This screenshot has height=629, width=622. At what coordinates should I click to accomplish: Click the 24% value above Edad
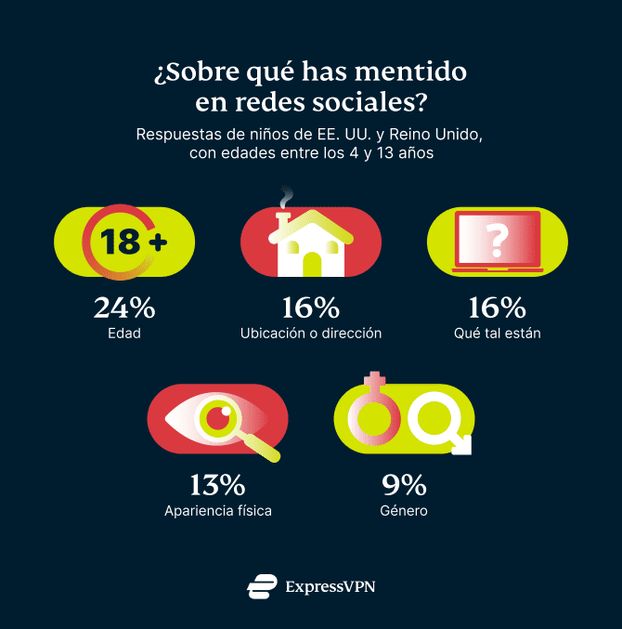pyautogui.click(x=124, y=307)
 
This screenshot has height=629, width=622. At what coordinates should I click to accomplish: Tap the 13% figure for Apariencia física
pyautogui.click(x=217, y=484)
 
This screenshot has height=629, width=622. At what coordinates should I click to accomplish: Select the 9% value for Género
pyautogui.click(x=404, y=484)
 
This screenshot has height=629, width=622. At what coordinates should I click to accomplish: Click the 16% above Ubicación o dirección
pyautogui.click(x=310, y=307)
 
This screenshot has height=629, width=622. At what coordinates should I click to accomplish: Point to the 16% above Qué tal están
pyautogui.click(x=497, y=307)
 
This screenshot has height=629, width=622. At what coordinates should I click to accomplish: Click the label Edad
pyautogui.click(x=124, y=333)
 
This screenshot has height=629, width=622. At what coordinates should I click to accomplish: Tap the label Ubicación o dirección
pyautogui.click(x=310, y=333)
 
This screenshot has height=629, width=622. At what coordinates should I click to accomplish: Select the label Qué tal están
pyautogui.click(x=497, y=333)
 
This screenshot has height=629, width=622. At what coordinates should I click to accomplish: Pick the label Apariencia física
pyautogui.click(x=217, y=510)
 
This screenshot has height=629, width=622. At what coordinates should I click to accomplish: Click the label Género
pyautogui.click(x=404, y=510)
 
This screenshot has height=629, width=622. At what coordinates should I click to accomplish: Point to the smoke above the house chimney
pyautogui.click(x=288, y=196)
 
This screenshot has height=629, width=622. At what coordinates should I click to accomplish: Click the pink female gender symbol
pyautogui.click(x=374, y=413)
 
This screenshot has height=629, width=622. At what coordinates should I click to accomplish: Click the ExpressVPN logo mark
pyautogui.click(x=262, y=586)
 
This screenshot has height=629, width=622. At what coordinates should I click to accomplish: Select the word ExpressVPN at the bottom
pyautogui.click(x=330, y=586)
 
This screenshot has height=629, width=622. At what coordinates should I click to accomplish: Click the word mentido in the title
pyautogui.click(x=409, y=72)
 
